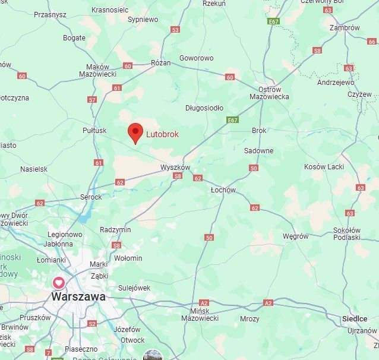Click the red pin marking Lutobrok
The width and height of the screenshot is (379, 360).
click(x=136, y=132)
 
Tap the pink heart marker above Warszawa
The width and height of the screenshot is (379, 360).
click(x=59, y=283)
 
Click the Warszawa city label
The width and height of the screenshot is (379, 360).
click(x=78, y=296)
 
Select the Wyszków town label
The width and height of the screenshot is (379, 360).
click(x=175, y=168)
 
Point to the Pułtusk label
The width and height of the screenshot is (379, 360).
click(x=94, y=130)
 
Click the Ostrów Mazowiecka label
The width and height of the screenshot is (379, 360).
click(x=269, y=93)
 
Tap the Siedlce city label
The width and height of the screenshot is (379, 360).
click(x=355, y=319)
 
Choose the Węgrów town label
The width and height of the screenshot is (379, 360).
click(x=295, y=236)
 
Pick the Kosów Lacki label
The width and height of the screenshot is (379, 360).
click(x=324, y=167)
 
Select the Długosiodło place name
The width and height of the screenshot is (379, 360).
click(x=204, y=108)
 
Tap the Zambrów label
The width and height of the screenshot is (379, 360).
click(x=345, y=27)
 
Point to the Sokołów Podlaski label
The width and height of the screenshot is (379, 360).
click(x=347, y=233)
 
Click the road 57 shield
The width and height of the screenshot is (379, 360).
click(x=92, y=100)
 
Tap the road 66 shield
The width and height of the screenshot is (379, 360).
click(x=372, y=42)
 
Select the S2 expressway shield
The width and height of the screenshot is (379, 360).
click(x=91, y=324)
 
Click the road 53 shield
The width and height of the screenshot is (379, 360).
click(x=175, y=29)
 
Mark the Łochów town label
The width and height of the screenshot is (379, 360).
click(x=223, y=190)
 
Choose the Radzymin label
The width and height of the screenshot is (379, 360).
click(x=115, y=229)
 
